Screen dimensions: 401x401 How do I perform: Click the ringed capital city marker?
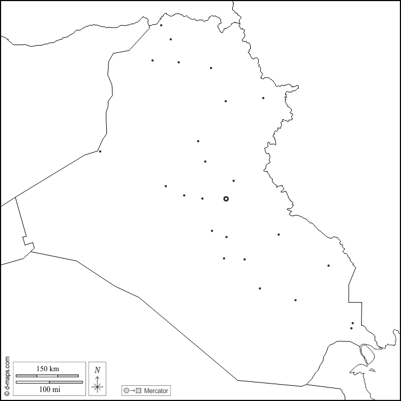point(226,199)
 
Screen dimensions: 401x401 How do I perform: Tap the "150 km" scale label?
point(48,369)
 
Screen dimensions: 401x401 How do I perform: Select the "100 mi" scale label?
point(48,389)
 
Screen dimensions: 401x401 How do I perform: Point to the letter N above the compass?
point(97,370)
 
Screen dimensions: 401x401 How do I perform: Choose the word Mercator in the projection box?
point(156,390)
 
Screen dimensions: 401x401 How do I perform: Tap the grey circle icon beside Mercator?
point(127,390)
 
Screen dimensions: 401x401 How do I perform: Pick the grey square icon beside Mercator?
point(138,390)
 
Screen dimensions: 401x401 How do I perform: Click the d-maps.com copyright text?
point(7,376)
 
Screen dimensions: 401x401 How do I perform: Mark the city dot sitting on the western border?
point(100,151)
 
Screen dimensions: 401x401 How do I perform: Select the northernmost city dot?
point(161,25)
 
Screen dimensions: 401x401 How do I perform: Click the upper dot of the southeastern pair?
point(353,323)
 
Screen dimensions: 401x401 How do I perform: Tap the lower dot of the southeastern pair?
point(352,328)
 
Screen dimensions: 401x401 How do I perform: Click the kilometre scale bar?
point(47,375)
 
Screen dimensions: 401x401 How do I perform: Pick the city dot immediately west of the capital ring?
point(202,198)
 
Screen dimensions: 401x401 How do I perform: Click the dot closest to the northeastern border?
point(263,98)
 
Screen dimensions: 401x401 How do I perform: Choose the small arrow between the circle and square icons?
point(132,390)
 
